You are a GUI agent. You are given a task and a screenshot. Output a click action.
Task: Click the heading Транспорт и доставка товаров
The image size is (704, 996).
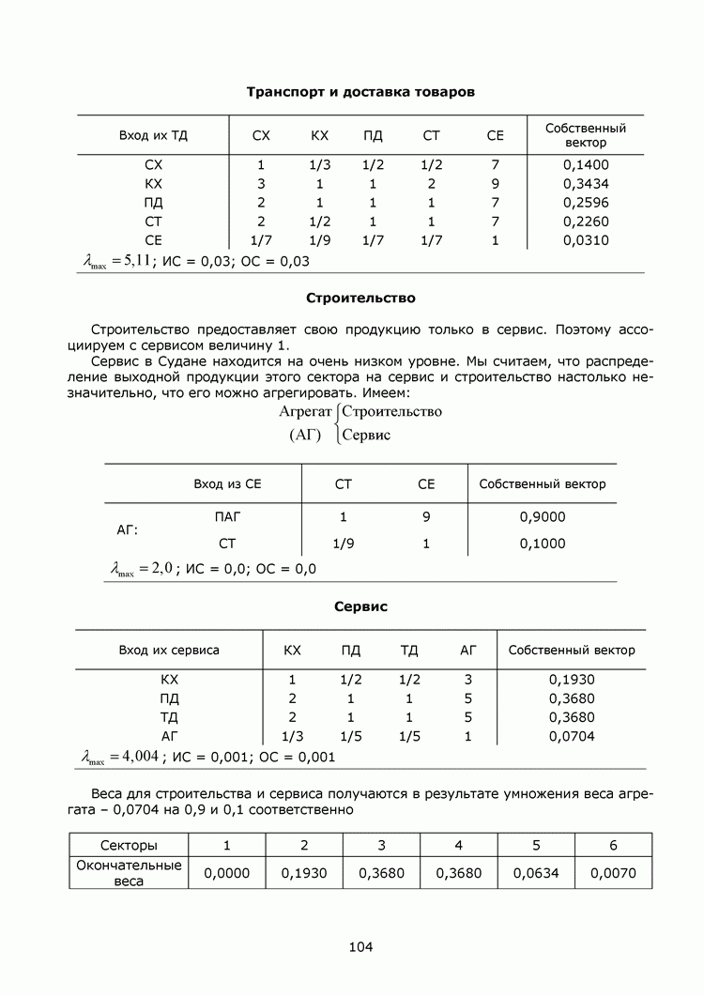click(x=360, y=92)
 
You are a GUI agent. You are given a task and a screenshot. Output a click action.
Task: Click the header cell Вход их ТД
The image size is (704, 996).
click(x=153, y=135)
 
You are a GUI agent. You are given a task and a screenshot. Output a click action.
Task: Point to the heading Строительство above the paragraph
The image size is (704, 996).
click(x=360, y=299)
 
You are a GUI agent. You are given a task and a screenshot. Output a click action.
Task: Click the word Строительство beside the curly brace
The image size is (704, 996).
click(x=391, y=411)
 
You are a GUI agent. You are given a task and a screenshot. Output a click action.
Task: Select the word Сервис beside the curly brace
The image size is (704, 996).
click(x=367, y=435)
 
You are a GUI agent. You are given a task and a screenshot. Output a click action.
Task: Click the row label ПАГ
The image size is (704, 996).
click(x=227, y=516)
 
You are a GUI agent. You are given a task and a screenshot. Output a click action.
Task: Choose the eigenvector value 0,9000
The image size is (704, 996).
click(x=542, y=516)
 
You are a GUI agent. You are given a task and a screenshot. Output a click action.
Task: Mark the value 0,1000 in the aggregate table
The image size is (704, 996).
click(x=542, y=543)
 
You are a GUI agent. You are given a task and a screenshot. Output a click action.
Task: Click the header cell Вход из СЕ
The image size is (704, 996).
click(x=227, y=484)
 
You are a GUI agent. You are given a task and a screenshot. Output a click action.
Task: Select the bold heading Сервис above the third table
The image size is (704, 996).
click(x=360, y=607)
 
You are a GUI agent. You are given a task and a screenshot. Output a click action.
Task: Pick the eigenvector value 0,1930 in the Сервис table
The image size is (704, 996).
click(x=571, y=680)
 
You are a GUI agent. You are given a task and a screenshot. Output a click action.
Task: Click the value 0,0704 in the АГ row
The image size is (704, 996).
click(x=571, y=736)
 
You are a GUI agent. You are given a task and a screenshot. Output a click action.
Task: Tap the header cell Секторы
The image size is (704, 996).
click(x=129, y=845)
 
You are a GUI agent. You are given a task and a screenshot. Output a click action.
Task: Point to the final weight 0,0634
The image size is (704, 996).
click(x=536, y=873)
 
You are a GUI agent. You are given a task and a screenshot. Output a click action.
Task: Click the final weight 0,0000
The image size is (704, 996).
click(x=227, y=873)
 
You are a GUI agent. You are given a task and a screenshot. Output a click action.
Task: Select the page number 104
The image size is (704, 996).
click(x=360, y=946)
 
